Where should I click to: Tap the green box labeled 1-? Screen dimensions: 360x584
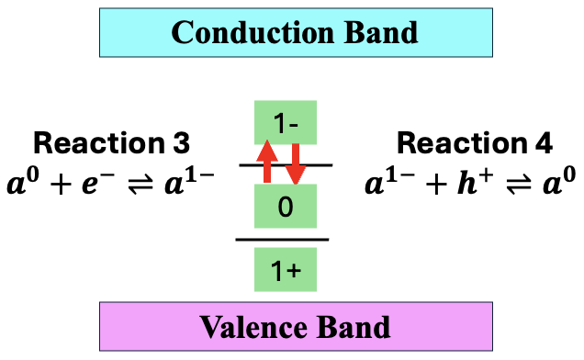tap(285, 122)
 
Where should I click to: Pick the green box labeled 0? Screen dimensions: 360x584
tap(285, 207)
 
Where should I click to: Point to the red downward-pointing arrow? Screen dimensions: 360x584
tap(295, 163)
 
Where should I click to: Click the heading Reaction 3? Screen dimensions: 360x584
tap(111, 143)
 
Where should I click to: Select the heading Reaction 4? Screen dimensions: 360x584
tap(475, 143)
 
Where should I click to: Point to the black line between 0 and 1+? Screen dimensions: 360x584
tap(283, 240)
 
